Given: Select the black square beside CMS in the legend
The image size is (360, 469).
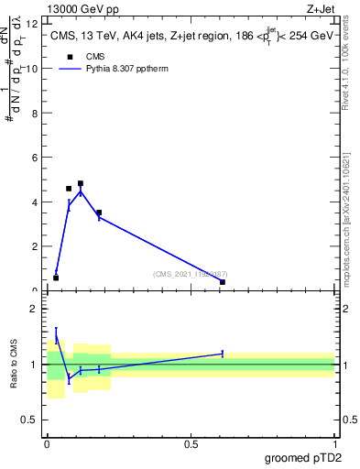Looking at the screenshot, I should coord(69,57).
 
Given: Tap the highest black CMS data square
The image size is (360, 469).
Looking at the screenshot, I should coord(81,183).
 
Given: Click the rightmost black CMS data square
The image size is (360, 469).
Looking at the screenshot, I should coord(223,282).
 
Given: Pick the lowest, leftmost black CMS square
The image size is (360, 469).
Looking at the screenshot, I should coord(56,278).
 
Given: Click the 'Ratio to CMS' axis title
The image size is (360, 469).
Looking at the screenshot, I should coord(15,364).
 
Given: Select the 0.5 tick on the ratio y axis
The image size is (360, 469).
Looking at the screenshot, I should coord(33,420).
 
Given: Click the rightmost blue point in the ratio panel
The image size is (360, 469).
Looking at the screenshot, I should coord(223,354).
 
